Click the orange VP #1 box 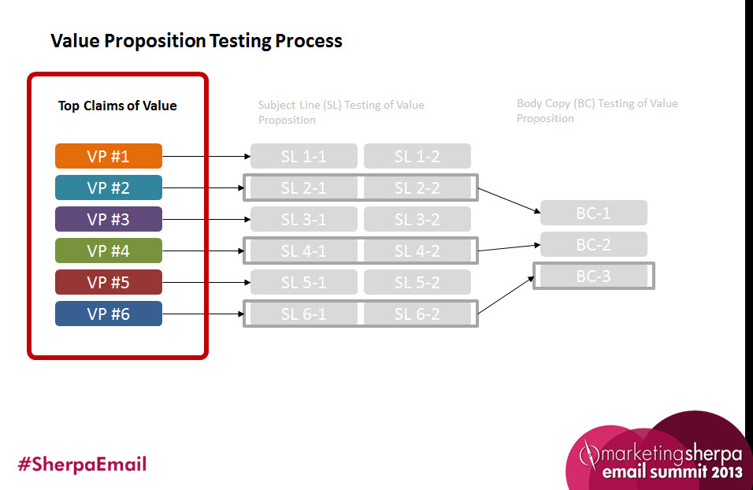pos(109,156)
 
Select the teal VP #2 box pos(109,187)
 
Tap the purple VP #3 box pos(109,219)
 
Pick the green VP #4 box pos(109,251)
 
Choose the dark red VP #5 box pos(109,282)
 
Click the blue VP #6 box pos(109,314)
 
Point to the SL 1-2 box pos(417,156)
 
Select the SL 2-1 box pos(303,187)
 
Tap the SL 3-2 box pos(417,219)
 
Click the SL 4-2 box pos(417,251)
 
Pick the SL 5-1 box pos(303,282)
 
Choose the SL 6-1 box pos(303,314)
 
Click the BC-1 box pos(593,213)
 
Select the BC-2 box pos(593,244)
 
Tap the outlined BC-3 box pos(593,276)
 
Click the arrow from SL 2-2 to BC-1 pos(509,200)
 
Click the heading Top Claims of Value pos(117,106)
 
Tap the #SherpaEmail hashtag pos(82,464)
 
